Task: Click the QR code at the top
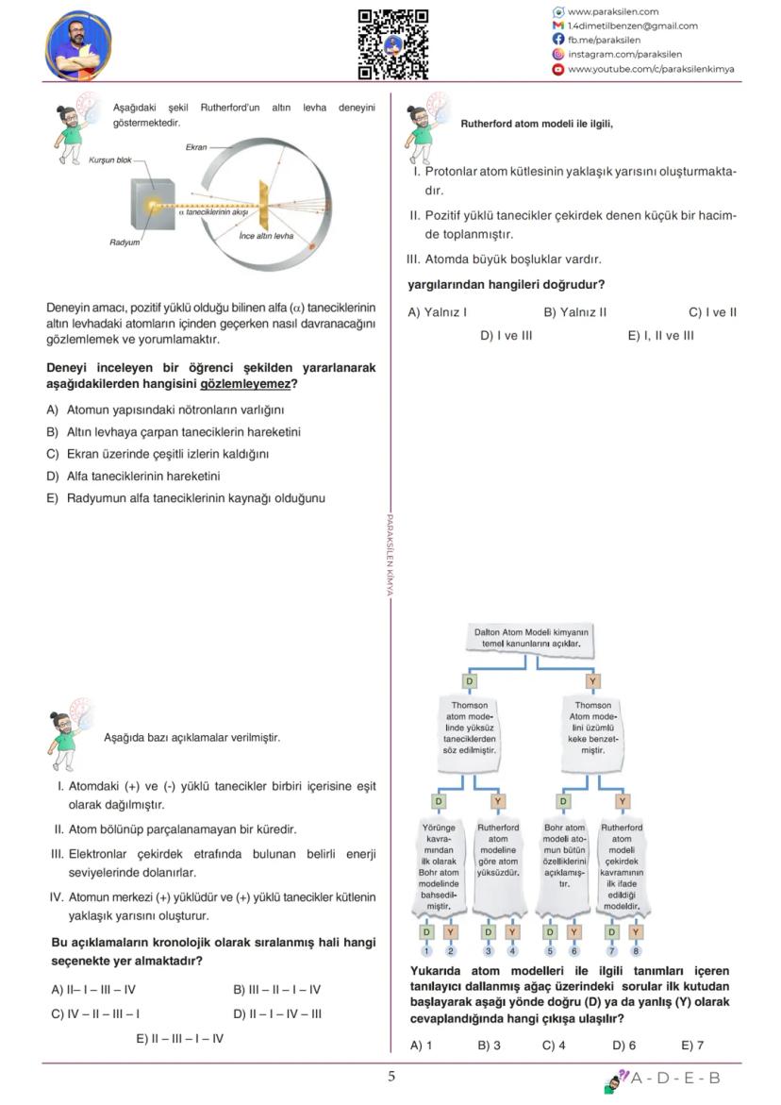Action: tap(392, 43)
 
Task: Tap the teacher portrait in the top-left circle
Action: tap(78, 45)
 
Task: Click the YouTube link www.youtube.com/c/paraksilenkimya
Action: tap(650, 69)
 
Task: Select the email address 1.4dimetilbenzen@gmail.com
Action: tap(632, 26)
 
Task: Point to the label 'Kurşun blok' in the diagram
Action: tap(110, 160)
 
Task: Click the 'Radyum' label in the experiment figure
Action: tap(125, 243)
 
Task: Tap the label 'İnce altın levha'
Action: tap(266, 235)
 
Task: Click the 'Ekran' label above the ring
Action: tap(196, 147)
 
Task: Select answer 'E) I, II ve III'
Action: tap(660, 335)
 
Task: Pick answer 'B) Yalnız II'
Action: tap(574, 312)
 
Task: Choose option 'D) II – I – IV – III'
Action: tap(276, 1014)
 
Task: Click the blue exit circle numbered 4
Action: tap(512, 950)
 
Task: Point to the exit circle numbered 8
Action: tap(636, 950)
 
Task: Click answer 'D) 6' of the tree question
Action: tap(623, 1046)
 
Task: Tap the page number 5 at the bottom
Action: tap(391, 1077)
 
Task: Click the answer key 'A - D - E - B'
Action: tap(674, 1078)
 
